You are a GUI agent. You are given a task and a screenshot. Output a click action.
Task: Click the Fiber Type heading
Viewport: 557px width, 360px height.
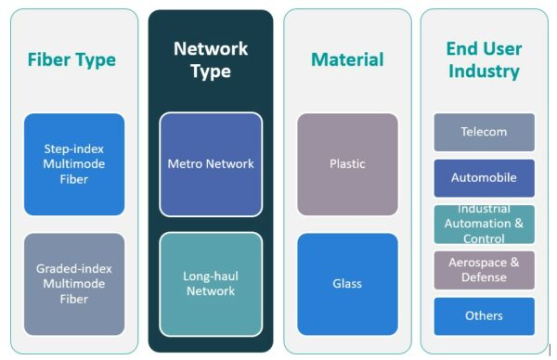click(x=71, y=59)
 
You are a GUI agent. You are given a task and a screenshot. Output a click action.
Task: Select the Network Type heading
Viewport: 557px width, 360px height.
click(x=211, y=59)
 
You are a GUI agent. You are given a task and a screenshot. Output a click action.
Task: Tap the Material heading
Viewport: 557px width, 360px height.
click(x=347, y=59)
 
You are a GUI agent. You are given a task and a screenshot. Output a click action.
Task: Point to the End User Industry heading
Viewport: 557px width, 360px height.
click(x=484, y=59)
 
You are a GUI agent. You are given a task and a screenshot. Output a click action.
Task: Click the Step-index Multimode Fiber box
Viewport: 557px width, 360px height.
click(x=74, y=164)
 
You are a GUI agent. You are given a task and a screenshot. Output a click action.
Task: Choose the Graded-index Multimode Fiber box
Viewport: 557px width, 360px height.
click(x=74, y=284)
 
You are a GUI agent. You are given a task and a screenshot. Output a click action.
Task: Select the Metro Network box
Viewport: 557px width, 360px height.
click(x=211, y=164)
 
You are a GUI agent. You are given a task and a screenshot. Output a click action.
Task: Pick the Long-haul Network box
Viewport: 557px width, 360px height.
click(x=211, y=284)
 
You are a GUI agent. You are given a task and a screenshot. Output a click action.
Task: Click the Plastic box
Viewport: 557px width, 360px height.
click(x=347, y=164)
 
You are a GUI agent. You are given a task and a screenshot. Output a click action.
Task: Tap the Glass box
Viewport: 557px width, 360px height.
click(x=347, y=284)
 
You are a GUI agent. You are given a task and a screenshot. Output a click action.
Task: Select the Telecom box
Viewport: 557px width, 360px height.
click(x=484, y=132)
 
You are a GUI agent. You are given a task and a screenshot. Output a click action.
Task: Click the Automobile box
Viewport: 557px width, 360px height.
click(x=484, y=177)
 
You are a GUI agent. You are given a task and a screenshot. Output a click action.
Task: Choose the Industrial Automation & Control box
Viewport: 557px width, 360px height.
click(x=484, y=224)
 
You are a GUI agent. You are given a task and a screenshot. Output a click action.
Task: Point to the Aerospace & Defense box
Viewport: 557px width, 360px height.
click(x=484, y=270)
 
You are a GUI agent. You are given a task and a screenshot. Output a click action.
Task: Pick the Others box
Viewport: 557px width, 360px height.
click(x=484, y=315)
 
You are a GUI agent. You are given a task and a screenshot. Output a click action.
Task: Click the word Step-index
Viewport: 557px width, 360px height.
click(x=74, y=148)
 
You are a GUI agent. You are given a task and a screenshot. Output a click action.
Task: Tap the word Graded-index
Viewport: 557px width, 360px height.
click(x=74, y=268)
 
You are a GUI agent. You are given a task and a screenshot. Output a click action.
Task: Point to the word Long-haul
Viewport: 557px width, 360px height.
click(x=211, y=276)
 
